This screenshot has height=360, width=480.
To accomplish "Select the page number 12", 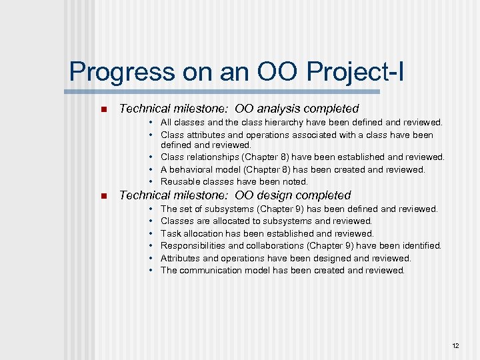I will pos(455,346).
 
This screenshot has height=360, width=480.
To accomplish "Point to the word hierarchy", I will pos(273,123).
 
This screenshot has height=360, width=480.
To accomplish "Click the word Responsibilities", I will pos(194,246).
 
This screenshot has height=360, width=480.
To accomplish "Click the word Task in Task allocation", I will pos(171,233).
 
